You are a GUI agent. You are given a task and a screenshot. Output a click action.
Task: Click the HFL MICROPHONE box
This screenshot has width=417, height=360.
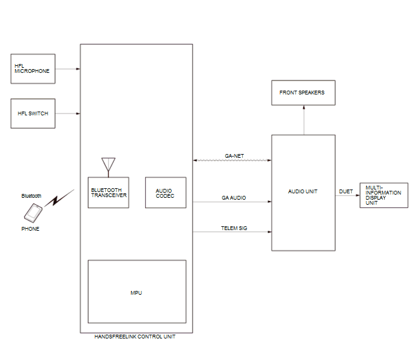click(x=33, y=69)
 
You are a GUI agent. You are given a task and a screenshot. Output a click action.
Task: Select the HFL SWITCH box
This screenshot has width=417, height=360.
click(x=33, y=113)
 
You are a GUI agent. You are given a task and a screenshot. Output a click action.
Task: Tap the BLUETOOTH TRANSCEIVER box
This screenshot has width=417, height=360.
click(x=108, y=193)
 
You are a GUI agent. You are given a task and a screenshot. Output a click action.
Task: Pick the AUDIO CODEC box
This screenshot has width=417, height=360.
click(x=165, y=193)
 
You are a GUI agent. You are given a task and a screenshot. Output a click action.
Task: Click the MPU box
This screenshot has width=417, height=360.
click(x=137, y=292)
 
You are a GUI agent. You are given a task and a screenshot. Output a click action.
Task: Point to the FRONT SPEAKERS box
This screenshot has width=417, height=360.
click(x=303, y=93)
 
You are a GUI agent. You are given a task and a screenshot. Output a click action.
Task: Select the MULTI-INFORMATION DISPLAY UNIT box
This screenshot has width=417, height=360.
click(x=384, y=195)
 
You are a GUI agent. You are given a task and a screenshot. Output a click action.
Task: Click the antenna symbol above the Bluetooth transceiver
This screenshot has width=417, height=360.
click(x=108, y=167)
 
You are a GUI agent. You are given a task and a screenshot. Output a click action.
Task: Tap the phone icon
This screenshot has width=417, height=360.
click(x=33, y=213)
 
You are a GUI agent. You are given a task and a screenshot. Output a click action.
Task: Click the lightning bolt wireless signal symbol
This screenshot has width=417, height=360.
click(x=59, y=198)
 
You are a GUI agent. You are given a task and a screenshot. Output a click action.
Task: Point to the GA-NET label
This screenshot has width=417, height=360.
click(x=234, y=156)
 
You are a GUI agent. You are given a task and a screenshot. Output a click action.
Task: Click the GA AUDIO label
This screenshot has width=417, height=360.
click(x=234, y=198)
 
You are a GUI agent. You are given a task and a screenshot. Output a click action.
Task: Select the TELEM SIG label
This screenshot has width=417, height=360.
click(x=234, y=228)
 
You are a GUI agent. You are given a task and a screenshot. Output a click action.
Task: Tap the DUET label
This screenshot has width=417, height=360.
click(x=346, y=191)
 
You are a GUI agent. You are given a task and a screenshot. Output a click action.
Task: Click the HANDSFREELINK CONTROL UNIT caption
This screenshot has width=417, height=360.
click(x=135, y=337)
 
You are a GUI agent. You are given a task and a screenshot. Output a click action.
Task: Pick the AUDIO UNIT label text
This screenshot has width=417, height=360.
click(x=303, y=191)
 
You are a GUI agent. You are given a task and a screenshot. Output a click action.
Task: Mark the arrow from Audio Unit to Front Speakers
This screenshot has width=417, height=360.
click(x=304, y=120)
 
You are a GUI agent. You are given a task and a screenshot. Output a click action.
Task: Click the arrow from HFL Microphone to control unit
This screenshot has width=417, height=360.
click(x=68, y=69)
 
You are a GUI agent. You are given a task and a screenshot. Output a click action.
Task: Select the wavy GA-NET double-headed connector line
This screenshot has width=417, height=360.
click(x=232, y=160)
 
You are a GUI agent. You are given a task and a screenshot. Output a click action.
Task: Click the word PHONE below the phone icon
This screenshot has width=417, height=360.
click(x=30, y=229)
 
